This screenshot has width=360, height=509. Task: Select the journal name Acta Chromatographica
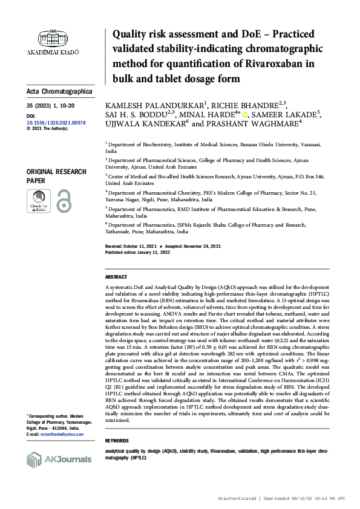(x=60, y=91)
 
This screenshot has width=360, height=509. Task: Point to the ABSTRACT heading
(x=116, y=276)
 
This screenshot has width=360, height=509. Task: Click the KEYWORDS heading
(x=117, y=441)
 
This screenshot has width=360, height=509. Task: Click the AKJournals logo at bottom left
(x=59, y=460)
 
